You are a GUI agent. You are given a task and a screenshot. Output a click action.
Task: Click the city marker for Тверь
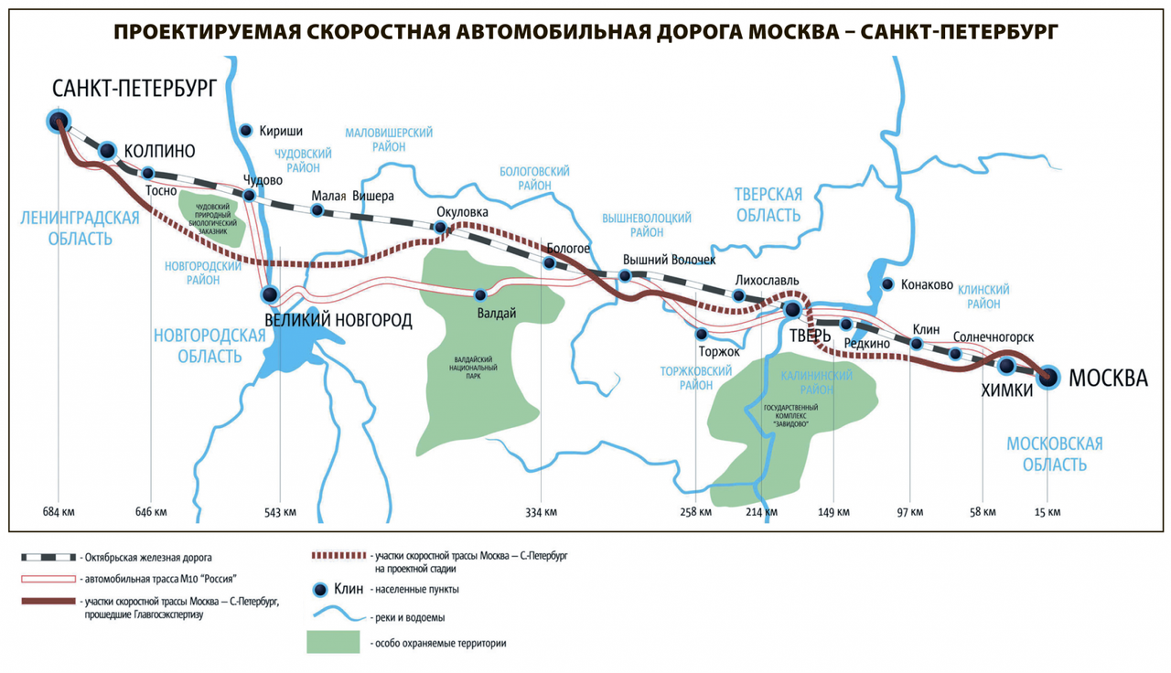[792, 310]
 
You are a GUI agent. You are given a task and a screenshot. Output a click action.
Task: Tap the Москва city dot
[1048, 375]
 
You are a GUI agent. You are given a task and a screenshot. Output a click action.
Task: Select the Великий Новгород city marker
[270, 294]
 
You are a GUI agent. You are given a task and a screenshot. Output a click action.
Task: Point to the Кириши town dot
[245, 130]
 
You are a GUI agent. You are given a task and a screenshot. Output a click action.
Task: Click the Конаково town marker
[886, 283]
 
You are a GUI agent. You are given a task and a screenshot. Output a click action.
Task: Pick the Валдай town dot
[480, 294]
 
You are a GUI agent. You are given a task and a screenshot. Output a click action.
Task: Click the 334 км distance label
[540, 511]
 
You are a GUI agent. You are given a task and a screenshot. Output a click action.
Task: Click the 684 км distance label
[58, 511]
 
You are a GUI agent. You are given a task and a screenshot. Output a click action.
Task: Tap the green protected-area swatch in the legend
[333, 642]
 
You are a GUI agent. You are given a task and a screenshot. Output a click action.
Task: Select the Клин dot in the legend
[321, 589]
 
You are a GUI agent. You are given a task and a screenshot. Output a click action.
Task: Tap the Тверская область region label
[768, 205]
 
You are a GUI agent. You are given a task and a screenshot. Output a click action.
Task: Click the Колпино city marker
[107, 151]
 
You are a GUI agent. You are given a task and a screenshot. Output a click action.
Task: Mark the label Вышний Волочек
[668, 260]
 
